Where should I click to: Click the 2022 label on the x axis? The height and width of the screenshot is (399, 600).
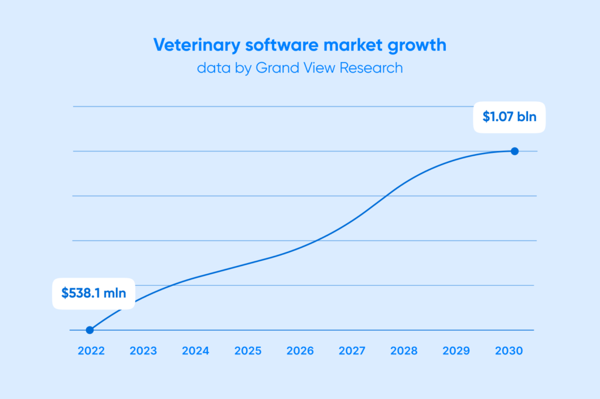[90, 351]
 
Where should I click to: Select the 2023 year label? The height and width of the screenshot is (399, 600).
[143, 351]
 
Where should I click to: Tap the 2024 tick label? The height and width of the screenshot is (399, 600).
[196, 351]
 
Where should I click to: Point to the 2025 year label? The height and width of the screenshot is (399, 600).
[248, 351]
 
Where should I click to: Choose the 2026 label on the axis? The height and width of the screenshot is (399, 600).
[300, 351]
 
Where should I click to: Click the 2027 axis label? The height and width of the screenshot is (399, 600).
[352, 351]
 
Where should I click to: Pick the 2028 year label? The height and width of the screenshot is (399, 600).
[404, 351]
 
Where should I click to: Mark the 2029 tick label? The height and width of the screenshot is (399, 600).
[456, 351]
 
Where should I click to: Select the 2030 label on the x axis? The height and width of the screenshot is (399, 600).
[509, 351]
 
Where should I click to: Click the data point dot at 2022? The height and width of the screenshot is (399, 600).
[90, 330]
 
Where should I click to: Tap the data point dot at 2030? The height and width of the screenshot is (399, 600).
[514, 151]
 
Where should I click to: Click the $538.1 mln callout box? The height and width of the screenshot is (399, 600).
[94, 292]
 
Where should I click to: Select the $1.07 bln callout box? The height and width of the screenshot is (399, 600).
[509, 117]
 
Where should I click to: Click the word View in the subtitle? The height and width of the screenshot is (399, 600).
[318, 68]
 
